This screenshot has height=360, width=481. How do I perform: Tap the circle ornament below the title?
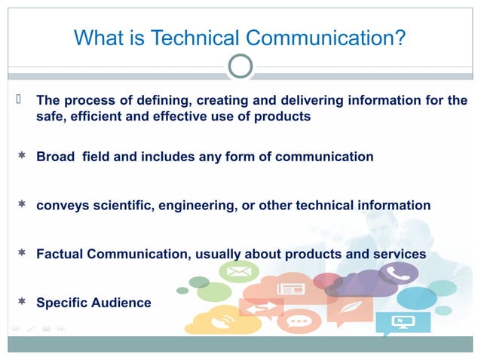tap(240, 66)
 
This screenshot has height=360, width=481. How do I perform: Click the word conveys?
tap(62, 205)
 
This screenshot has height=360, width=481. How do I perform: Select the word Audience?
tap(123, 303)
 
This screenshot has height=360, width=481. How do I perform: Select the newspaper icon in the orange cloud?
tap(290, 287)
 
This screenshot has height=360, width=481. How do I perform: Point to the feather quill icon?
tap(349, 308)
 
